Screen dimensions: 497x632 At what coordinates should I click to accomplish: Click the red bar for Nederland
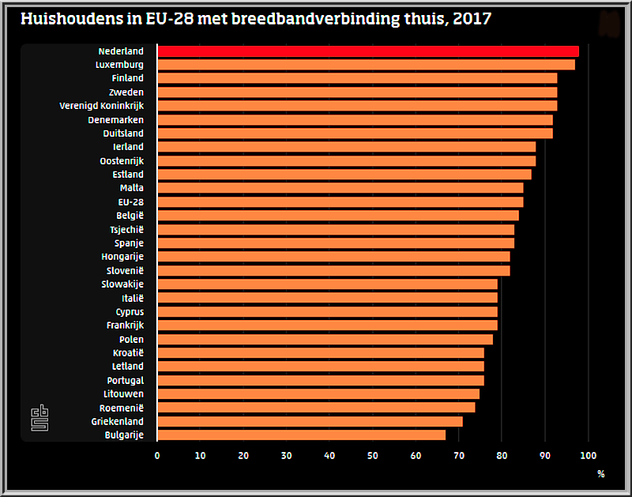point(368,51)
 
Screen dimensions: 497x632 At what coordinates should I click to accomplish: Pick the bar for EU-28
point(340,201)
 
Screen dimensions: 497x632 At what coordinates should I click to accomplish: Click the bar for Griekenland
point(310,421)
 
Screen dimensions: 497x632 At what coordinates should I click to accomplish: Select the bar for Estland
point(344,174)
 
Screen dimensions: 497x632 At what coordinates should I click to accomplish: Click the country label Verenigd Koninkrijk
point(102,106)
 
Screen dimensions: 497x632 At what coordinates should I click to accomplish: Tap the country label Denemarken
point(116,119)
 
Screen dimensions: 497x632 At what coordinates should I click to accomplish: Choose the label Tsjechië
point(126,229)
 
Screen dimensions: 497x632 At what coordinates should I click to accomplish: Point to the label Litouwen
point(123,393)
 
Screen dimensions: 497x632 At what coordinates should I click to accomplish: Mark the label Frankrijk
point(125,325)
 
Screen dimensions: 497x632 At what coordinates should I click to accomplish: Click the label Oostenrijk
point(122,160)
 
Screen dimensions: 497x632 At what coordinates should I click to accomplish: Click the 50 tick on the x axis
point(372,455)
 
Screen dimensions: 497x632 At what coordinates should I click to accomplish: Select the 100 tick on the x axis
point(588,455)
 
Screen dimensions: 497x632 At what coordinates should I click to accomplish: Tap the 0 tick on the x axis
point(157,455)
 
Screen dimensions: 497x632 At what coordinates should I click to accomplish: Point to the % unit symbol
point(600,474)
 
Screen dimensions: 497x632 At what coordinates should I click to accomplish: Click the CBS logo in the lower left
point(39,418)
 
